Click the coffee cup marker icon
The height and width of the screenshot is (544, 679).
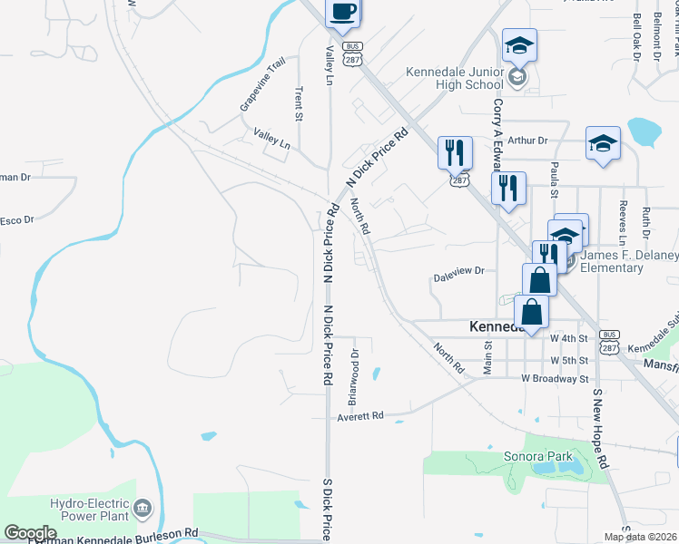[343, 13]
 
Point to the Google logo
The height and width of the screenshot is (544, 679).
[30, 532]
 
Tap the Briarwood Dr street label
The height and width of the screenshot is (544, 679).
[355, 377]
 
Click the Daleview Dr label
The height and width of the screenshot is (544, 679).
[459, 270]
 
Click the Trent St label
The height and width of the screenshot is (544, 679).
[298, 103]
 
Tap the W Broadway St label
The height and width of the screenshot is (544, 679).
[555, 378]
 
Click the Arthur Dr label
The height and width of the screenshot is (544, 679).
[528, 141]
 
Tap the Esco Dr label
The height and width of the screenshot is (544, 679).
[16, 220]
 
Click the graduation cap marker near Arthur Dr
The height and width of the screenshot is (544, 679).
[603, 143]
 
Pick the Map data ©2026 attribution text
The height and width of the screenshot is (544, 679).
[641, 537]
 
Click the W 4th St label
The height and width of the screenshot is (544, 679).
[569, 338]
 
